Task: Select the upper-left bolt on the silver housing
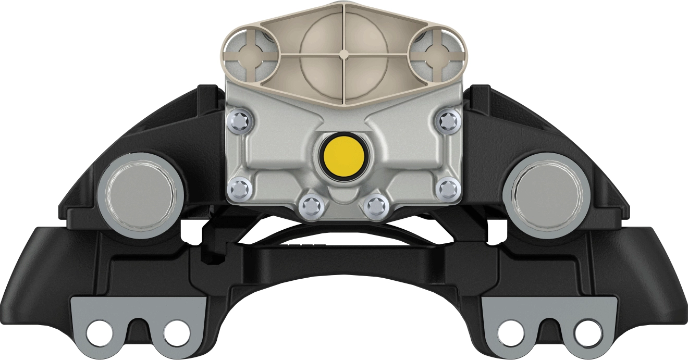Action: (x=241, y=121)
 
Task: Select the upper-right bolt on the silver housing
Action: (x=447, y=121)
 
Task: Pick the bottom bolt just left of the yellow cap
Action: (x=311, y=208)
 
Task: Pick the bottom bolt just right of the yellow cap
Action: (x=375, y=208)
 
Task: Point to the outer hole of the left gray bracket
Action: (x=99, y=330)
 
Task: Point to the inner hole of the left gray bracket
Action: (x=176, y=330)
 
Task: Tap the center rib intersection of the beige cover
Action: (x=343, y=53)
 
